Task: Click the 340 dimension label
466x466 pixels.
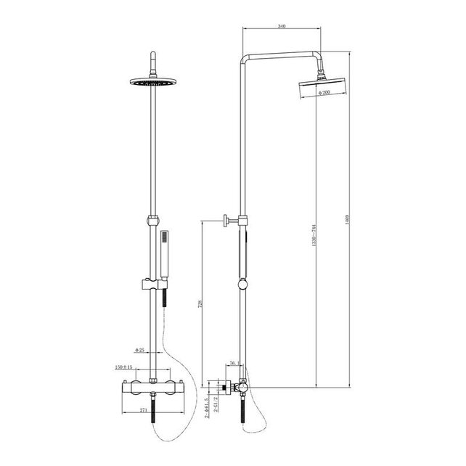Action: click(281, 27)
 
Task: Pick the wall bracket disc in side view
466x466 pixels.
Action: click(228, 221)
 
